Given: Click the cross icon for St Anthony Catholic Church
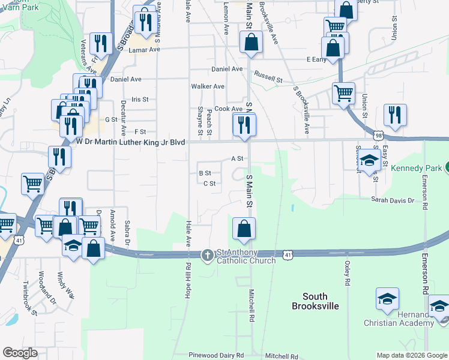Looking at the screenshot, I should point(207,255).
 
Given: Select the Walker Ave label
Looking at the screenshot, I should point(208,86).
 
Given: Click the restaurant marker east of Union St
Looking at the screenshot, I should point(395,116).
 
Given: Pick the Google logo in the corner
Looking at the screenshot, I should point(20,353).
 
